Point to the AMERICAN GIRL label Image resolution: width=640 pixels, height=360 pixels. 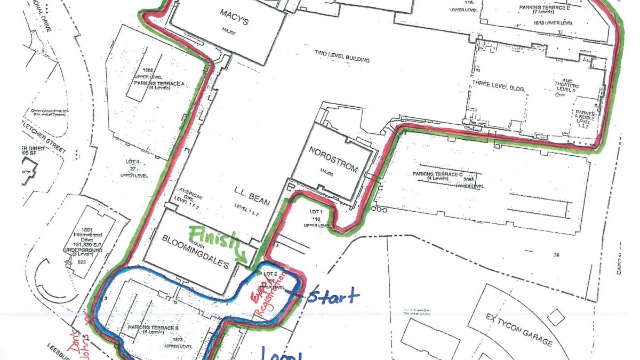(191, 195)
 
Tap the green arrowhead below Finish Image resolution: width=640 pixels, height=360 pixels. (245, 260)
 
